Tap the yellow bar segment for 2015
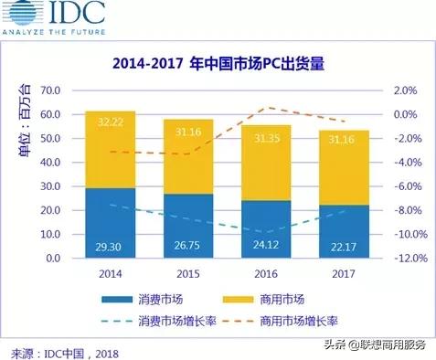pyautogui.click(x=187, y=155)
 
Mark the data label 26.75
pyautogui.click(x=187, y=247)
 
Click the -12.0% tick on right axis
pyautogui.click(x=410, y=259)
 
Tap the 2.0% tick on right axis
pyautogui.click(x=405, y=91)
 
